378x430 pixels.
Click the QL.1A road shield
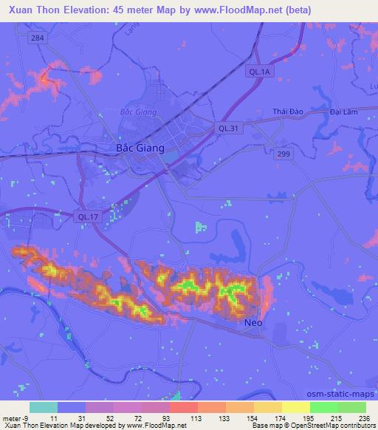click(x=259, y=72)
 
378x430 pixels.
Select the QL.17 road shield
click(x=86, y=216)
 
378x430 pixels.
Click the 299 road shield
click(x=284, y=153)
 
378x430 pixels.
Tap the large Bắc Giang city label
click(x=140, y=148)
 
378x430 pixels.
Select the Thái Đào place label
click(x=288, y=112)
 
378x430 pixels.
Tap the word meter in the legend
click(x=11, y=418)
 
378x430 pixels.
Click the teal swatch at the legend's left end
click(x=44, y=407)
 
